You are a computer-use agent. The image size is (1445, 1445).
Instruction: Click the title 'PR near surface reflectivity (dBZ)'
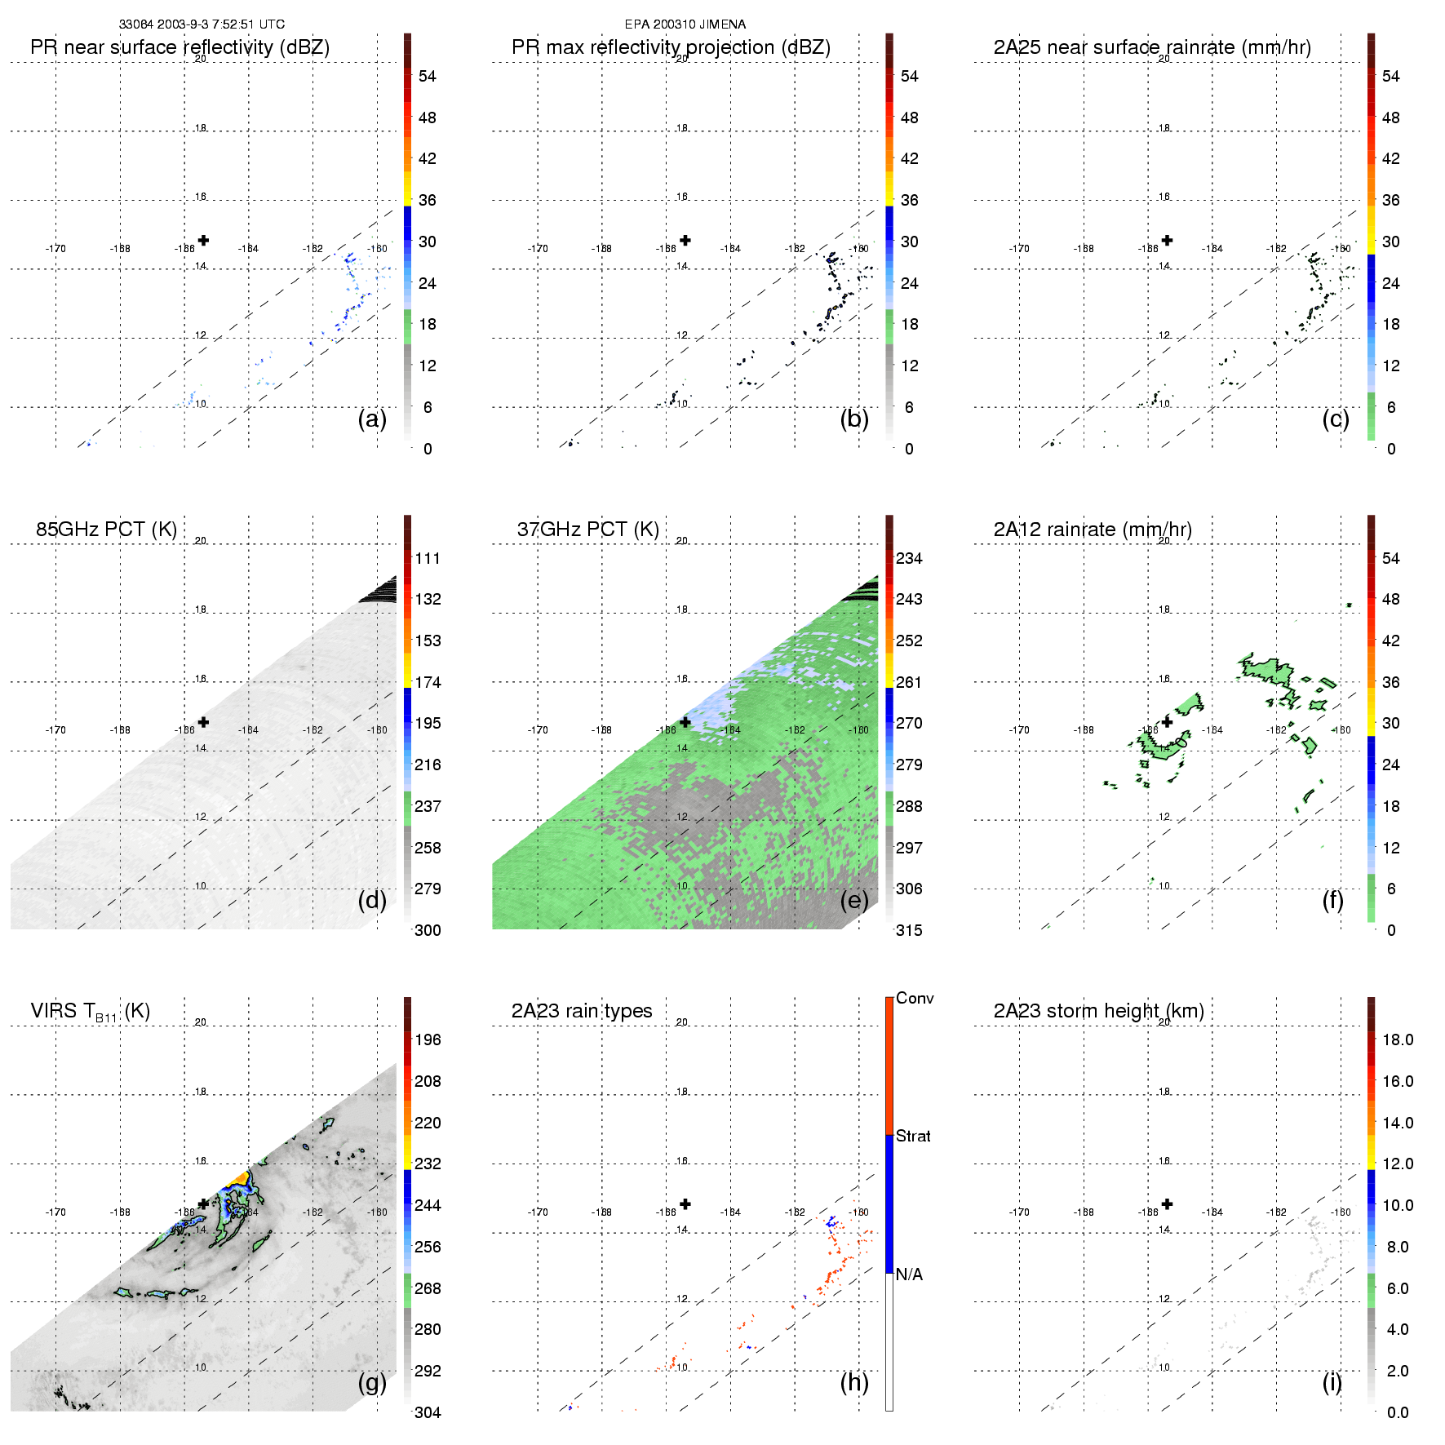click(180, 47)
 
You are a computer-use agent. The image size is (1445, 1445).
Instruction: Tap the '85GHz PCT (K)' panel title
click(106, 530)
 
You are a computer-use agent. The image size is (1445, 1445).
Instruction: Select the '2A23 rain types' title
click(581, 1011)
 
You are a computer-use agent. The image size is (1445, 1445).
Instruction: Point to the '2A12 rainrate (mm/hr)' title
click(1092, 530)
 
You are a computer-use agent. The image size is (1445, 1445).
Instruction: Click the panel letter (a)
click(372, 419)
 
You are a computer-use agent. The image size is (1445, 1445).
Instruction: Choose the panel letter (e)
click(853, 901)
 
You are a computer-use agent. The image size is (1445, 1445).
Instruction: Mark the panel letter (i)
click(1332, 1382)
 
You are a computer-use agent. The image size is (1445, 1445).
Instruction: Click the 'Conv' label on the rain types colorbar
click(915, 998)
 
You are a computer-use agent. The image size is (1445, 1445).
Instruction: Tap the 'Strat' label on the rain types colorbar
click(913, 1136)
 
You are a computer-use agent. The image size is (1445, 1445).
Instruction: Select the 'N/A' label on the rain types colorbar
click(909, 1274)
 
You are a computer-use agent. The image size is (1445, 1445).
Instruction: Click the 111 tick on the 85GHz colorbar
click(428, 558)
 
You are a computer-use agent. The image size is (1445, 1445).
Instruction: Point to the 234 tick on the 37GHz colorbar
click(909, 558)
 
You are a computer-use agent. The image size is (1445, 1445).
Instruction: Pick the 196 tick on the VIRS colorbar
click(428, 1039)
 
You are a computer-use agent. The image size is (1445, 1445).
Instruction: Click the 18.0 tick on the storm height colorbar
click(1397, 1039)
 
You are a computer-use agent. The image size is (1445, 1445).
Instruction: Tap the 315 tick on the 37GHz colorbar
click(909, 930)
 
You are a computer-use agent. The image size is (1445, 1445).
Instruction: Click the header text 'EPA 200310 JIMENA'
click(685, 24)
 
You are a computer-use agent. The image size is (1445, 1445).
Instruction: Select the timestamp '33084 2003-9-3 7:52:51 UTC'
click(202, 24)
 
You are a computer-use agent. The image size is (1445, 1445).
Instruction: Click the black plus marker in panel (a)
click(203, 240)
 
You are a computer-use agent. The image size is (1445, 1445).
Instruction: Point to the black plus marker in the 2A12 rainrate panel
click(1167, 722)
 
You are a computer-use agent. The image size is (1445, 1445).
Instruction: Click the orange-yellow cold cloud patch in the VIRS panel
click(238, 1177)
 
